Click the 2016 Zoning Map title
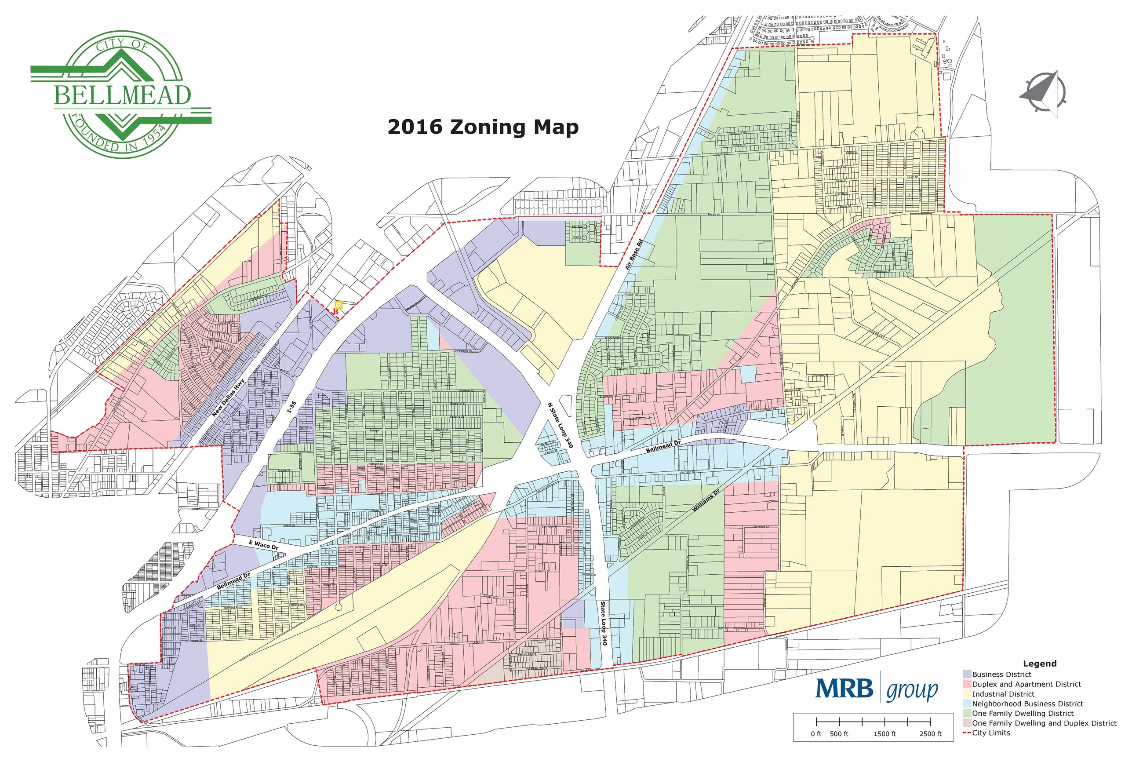point(483,128)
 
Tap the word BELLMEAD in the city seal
point(122,95)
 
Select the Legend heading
point(1040,664)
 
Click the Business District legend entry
point(1001,674)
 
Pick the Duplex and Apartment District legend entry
point(1027,684)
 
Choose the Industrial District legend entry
point(1003,694)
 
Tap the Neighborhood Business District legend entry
point(1027,704)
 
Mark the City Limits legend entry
point(991,733)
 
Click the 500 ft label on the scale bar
point(839,734)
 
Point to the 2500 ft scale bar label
point(930,734)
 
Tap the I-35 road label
point(291,407)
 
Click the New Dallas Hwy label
point(228,398)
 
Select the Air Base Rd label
point(633,255)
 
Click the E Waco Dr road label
point(264,545)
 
